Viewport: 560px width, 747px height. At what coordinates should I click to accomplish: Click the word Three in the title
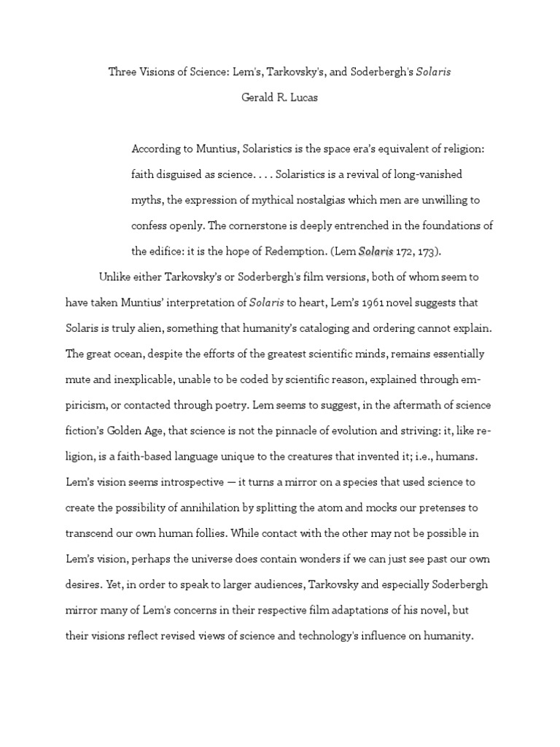(x=122, y=72)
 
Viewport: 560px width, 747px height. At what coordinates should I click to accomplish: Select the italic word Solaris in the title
(x=434, y=72)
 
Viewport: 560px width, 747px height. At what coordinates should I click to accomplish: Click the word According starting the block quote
(x=155, y=149)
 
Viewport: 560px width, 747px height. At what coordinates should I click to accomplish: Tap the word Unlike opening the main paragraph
(x=115, y=277)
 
